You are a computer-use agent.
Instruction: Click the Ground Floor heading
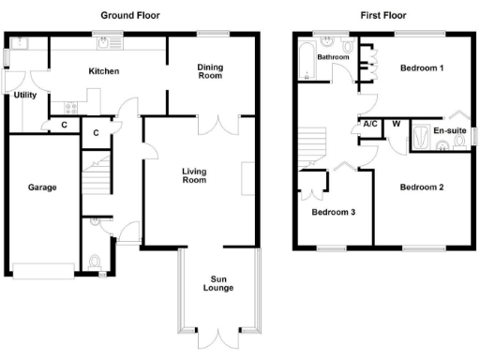click(x=129, y=16)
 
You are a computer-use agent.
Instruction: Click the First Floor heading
click(x=382, y=16)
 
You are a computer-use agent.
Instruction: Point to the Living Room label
click(x=194, y=174)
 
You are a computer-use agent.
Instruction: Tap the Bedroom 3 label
click(x=334, y=211)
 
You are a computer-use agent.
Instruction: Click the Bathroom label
click(x=332, y=57)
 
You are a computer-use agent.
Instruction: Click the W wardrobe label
click(x=396, y=124)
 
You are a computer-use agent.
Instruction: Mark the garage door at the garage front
click(x=43, y=272)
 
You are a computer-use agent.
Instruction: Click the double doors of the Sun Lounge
click(x=217, y=338)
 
